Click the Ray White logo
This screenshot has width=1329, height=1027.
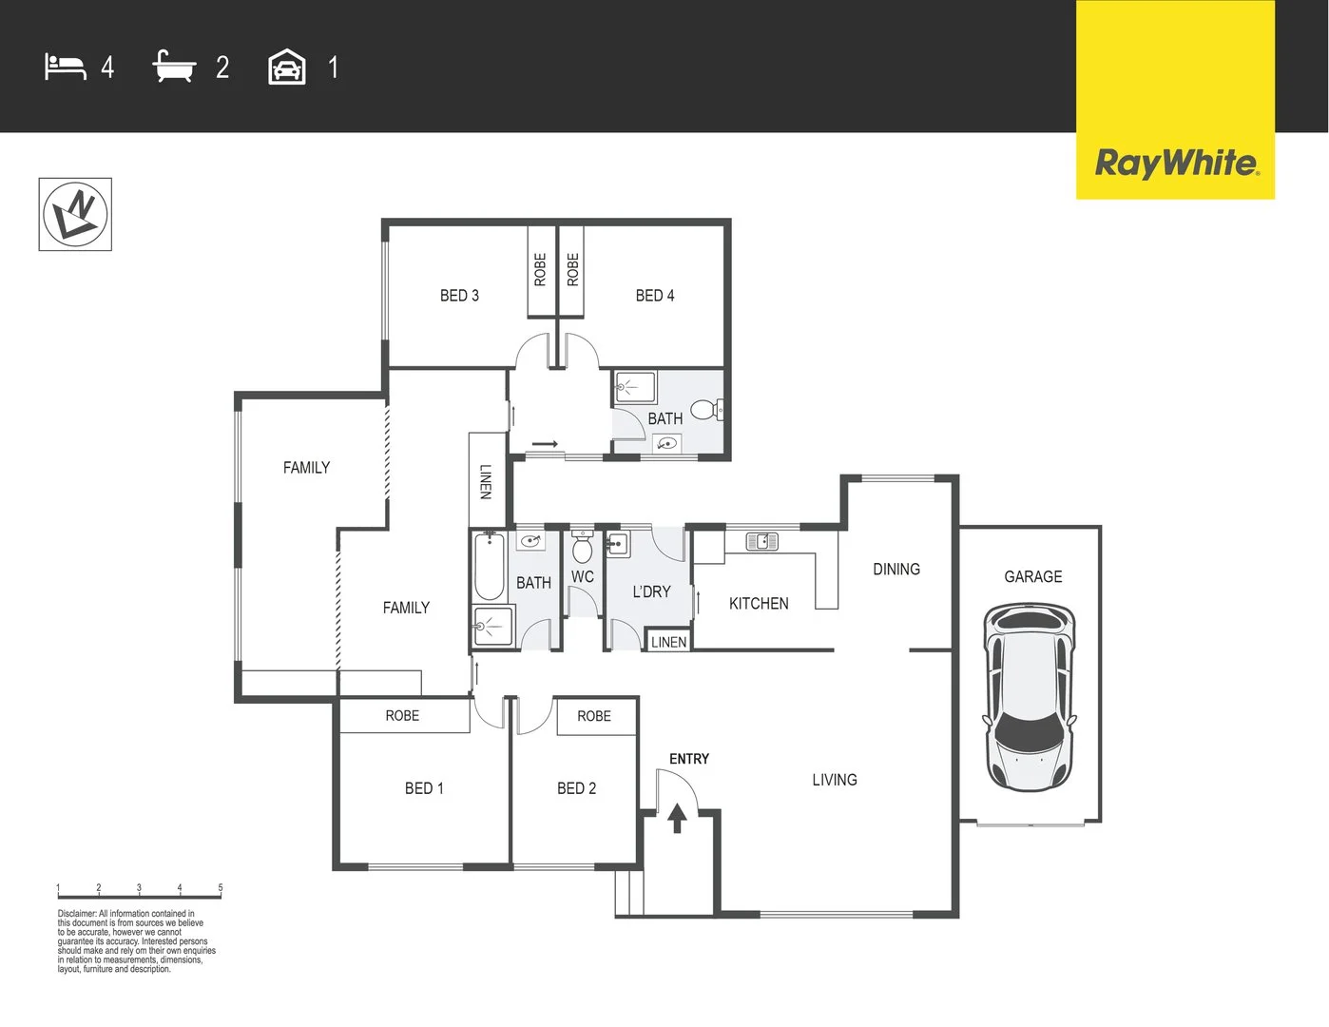[x=1176, y=163]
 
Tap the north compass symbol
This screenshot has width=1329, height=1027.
[x=75, y=214]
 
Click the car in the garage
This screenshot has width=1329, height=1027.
[x=1030, y=696]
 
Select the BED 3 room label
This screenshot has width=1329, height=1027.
[x=459, y=296]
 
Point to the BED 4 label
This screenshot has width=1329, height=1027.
[x=655, y=296]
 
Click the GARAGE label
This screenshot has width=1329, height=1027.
[x=1032, y=576]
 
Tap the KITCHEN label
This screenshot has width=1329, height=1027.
[x=759, y=603]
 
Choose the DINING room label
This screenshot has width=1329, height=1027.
[x=896, y=569]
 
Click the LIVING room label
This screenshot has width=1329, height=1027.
[x=835, y=780]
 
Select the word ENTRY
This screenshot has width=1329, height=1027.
[x=689, y=759]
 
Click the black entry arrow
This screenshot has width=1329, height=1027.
[x=677, y=817]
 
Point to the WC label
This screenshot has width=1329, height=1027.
[x=583, y=576]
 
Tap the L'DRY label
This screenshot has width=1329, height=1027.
[x=652, y=591]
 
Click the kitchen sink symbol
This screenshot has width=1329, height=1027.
[x=761, y=542]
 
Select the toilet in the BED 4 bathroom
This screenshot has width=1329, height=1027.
[x=704, y=410]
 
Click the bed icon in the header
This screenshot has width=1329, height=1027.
[x=66, y=68]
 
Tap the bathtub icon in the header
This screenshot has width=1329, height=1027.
[x=174, y=68]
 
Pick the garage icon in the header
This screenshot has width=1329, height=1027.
[x=287, y=68]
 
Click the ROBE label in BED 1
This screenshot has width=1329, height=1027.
[x=402, y=715]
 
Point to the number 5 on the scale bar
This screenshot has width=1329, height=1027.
[x=221, y=888]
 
